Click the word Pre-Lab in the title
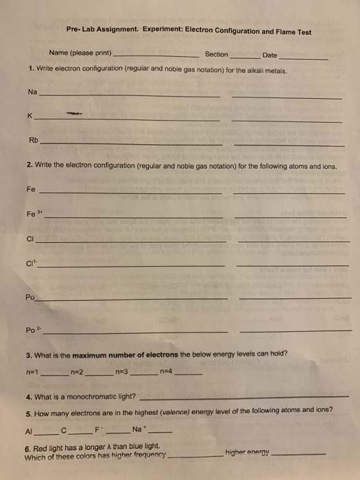[x=82, y=31]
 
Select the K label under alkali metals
[x=30, y=117]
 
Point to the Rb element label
[x=34, y=140]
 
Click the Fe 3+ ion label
[x=33, y=213]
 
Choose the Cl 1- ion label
[x=31, y=261]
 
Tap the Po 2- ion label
[x=32, y=329]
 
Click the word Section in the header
[x=216, y=54]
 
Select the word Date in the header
[x=269, y=55]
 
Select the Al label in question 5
[x=28, y=431]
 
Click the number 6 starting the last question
[x=26, y=446]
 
